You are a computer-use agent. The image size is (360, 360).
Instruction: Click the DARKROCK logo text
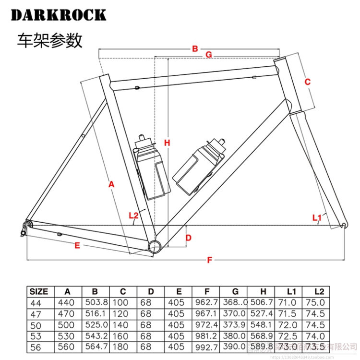pyautogui.click(x=58, y=15)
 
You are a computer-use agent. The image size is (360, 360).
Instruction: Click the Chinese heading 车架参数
pyautogui.click(x=49, y=41)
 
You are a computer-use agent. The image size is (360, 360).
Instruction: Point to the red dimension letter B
pyautogui.click(x=195, y=48)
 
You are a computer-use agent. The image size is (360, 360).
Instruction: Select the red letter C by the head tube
pyautogui.click(x=308, y=82)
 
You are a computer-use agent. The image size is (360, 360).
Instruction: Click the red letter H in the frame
pyautogui.click(x=167, y=143)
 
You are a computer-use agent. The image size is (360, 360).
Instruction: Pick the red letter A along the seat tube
pyautogui.click(x=111, y=184)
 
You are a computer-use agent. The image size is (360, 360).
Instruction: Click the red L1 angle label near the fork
pyautogui.click(x=316, y=218)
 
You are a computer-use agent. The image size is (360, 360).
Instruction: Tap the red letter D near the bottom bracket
pyautogui.click(x=189, y=238)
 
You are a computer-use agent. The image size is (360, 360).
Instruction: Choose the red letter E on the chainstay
pyautogui.click(x=77, y=245)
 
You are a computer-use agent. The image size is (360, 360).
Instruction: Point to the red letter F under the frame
pyautogui.click(x=209, y=260)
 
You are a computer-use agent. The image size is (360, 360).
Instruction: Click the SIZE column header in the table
pyautogui.click(x=39, y=291)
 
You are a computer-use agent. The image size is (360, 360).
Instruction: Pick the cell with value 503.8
pyautogui.click(x=96, y=302)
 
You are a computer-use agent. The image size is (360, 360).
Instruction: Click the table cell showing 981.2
pyautogui.click(x=206, y=336)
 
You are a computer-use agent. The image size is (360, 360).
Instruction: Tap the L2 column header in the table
pyautogui.click(x=319, y=291)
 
